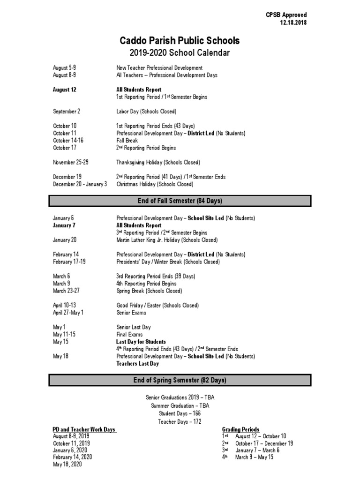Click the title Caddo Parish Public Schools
180,40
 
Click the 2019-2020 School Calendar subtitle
180,53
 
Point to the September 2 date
67,112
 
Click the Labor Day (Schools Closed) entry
146,112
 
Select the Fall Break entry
127,141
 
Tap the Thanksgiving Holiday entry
158,163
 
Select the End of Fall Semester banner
180,201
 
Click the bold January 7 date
64,225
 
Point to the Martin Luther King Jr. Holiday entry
167,240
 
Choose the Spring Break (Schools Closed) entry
149,291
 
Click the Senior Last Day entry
134,327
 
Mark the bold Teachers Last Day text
137,364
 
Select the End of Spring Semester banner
180,380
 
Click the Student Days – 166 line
180,414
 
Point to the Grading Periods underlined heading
240,429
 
